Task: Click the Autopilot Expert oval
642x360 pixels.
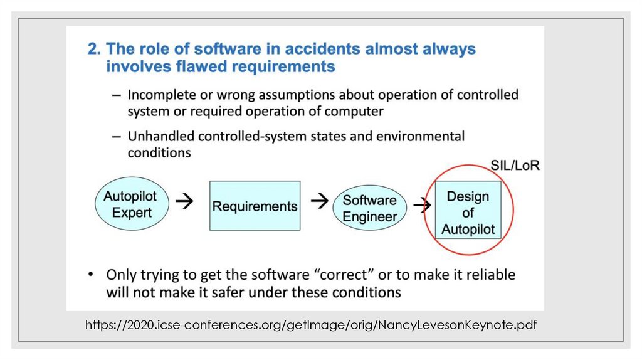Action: [132, 204]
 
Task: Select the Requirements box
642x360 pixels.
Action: [255, 206]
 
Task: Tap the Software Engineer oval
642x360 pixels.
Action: [370, 209]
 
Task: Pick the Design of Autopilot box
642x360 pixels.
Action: [468, 213]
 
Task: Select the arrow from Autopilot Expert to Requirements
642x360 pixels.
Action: [184, 201]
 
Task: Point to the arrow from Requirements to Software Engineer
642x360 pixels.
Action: [320, 201]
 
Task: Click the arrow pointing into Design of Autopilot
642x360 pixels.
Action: [423, 204]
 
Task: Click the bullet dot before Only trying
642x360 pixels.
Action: [92, 275]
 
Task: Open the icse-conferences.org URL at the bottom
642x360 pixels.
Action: [312, 325]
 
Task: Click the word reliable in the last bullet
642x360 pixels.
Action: [487, 275]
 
